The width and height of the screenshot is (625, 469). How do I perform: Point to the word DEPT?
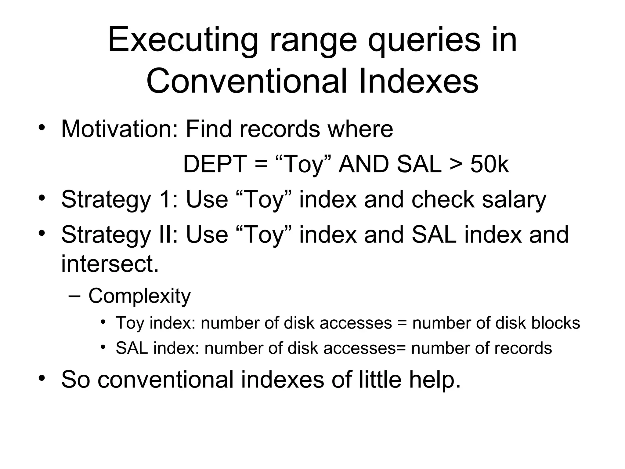(x=215, y=164)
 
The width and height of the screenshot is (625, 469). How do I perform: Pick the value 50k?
(x=490, y=164)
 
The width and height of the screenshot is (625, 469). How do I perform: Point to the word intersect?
(x=110, y=264)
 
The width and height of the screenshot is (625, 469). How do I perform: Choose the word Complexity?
(x=139, y=296)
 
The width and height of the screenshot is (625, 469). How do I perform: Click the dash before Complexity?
(x=74, y=296)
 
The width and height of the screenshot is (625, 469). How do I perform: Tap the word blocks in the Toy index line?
(x=555, y=323)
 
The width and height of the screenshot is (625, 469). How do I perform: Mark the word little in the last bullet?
(x=380, y=379)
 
